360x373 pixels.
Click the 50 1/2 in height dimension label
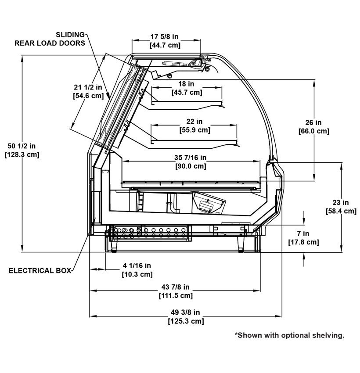coord(22,151)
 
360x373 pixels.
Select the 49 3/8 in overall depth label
coord(186,317)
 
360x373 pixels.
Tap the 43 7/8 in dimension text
coord(176,291)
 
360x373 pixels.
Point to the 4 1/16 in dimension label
coord(137,270)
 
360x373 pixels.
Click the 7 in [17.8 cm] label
coord(303,238)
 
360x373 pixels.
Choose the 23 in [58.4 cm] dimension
coord(341,207)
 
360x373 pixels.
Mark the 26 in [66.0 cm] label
coord(314,127)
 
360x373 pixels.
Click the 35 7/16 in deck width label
coord(191,162)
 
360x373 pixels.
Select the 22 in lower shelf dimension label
coord(194,126)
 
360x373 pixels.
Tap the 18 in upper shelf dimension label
coord(187,88)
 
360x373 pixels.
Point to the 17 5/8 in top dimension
coord(165,41)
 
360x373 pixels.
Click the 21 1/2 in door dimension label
coord(88,91)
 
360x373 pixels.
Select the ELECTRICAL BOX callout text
coord(40,271)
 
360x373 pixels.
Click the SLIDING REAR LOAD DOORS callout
coord(50,39)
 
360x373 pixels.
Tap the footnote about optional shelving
coord(290,335)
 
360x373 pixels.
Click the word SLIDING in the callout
coord(70,35)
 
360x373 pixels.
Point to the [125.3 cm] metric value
coord(186,321)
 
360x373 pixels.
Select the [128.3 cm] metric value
coord(22,154)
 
